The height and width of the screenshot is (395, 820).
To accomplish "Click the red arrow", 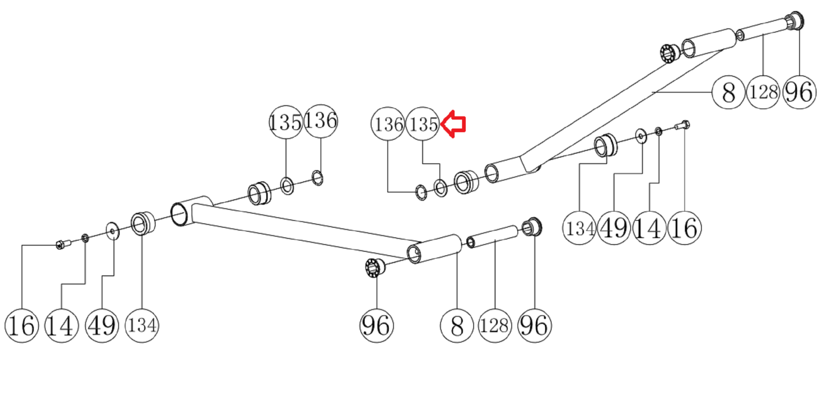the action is click(x=454, y=124).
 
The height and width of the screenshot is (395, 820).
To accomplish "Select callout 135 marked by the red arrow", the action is click(x=423, y=124).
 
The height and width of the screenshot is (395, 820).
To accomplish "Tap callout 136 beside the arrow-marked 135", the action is click(x=388, y=124).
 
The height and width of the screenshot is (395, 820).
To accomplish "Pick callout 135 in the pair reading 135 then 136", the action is click(x=285, y=122).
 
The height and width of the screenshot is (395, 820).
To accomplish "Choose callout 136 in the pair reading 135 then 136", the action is click(x=321, y=121).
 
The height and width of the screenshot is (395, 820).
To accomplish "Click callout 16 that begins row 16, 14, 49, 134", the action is click(x=22, y=325).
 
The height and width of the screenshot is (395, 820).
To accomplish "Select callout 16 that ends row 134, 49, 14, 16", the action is click(x=684, y=228).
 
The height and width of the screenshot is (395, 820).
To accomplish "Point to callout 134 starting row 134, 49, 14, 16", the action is click(x=579, y=228).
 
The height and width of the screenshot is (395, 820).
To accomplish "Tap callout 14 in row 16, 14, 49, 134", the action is click(x=61, y=325).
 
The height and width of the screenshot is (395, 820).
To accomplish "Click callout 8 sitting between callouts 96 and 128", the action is click(x=456, y=325).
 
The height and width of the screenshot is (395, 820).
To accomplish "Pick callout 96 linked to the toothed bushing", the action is click(x=376, y=325).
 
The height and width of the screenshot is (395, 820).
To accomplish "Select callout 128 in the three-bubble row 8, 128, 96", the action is click(x=763, y=92).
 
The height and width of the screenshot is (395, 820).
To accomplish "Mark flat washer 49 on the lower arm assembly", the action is click(x=112, y=231).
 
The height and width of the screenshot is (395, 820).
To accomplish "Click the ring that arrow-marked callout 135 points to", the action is click(x=440, y=188).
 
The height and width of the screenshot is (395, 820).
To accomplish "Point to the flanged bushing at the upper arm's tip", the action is click(x=794, y=21).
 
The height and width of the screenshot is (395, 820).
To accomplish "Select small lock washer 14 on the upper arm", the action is click(x=658, y=131).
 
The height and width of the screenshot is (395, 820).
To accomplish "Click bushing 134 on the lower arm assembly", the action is click(x=142, y=223).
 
